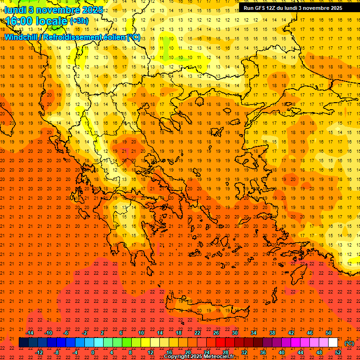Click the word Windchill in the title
point(21,37)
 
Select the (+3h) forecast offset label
point(78,21)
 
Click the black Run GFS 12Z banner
point(292,7)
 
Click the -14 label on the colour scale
point(30,333)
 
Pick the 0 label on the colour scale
point(93,352)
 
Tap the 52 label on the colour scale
point(337,352)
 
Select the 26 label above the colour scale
point(216,333)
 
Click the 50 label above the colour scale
point(328,333)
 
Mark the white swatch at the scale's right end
point(333,343)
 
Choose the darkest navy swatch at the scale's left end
point(23,343)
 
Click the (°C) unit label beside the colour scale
point(349,343)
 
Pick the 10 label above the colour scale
point(141,333)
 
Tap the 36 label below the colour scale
point(262,352)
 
